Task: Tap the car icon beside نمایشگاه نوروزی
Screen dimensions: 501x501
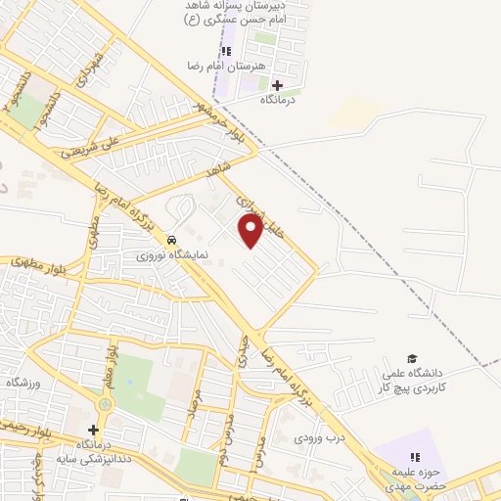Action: (171, 240)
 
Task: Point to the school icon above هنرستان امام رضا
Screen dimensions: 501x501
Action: (226, 51)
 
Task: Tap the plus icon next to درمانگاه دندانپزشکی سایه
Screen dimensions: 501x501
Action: (93, 430)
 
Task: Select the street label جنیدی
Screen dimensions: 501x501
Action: (241, 349)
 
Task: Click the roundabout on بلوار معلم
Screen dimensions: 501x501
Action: (105, 403)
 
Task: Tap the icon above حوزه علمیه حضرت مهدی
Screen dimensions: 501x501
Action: (413, 457)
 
